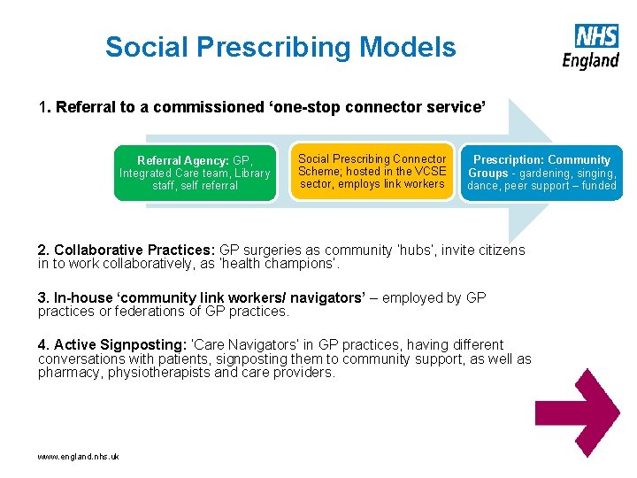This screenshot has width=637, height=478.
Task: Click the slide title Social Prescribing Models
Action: pos(280,47)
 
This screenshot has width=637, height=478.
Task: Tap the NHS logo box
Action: pos(596,36)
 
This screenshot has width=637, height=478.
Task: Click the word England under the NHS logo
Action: pos(590,59)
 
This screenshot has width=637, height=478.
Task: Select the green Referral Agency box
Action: pos(195,173)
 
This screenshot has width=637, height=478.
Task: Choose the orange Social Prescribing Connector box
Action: pos(372,172)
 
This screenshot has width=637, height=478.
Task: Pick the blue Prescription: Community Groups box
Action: pos(541,173)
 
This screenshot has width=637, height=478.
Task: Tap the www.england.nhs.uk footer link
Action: pos(78,456)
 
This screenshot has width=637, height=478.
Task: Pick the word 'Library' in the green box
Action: pos(253,173)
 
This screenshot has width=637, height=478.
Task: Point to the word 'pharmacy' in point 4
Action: pos(66,373)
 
